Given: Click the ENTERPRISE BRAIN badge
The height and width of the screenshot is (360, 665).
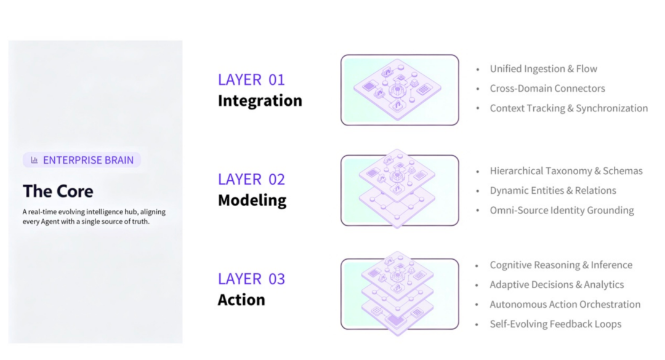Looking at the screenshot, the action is tap(82, 160).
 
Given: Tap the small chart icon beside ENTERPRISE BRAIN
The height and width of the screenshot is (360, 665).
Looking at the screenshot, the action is tap(34, 160).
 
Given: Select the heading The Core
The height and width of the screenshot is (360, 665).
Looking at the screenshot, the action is tap(58, 191).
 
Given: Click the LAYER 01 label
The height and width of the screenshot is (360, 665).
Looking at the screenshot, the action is tap(251, 80).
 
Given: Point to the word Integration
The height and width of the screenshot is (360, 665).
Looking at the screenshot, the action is tap(260, 101).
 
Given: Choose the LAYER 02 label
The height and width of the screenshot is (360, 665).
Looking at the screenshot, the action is tap(251, 179).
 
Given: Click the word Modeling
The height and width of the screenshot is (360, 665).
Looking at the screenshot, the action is tap(252, 201).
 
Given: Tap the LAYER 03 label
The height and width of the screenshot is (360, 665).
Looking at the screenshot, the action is tap(251, 279).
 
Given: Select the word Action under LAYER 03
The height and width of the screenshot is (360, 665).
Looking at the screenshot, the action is tap(242, 300).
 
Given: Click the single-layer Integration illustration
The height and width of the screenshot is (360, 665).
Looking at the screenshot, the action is tap(400, 90).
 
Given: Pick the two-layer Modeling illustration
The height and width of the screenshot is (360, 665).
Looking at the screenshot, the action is tap(400, 190).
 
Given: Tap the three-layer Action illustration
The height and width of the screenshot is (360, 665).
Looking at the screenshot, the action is tap(400, 294).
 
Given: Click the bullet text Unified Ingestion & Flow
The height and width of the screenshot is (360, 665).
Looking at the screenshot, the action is tap(543, 69).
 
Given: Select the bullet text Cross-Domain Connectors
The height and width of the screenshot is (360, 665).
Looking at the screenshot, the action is tap(547, 88).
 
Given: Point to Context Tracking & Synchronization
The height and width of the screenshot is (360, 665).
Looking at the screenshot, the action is tap(569, 108).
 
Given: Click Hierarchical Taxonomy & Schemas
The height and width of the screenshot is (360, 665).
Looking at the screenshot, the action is tap(566, 171).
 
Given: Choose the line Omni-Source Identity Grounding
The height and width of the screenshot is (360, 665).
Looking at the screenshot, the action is tap(562, 210).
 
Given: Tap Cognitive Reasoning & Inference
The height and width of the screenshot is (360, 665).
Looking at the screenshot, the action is tap(561, 265).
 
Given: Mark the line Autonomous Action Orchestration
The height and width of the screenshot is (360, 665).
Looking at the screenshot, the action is tap(565, 305).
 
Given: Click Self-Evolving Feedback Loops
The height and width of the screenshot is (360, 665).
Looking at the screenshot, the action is tap(555, 324).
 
